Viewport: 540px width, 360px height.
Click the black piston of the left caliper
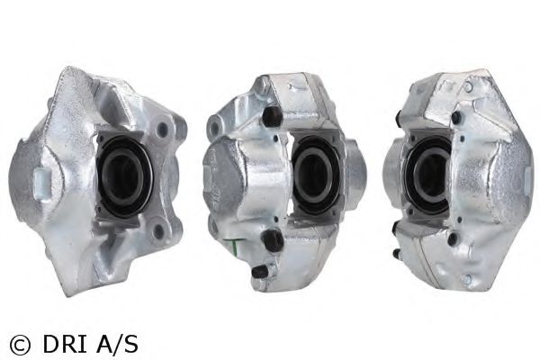123,177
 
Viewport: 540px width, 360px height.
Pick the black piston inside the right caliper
427,174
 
